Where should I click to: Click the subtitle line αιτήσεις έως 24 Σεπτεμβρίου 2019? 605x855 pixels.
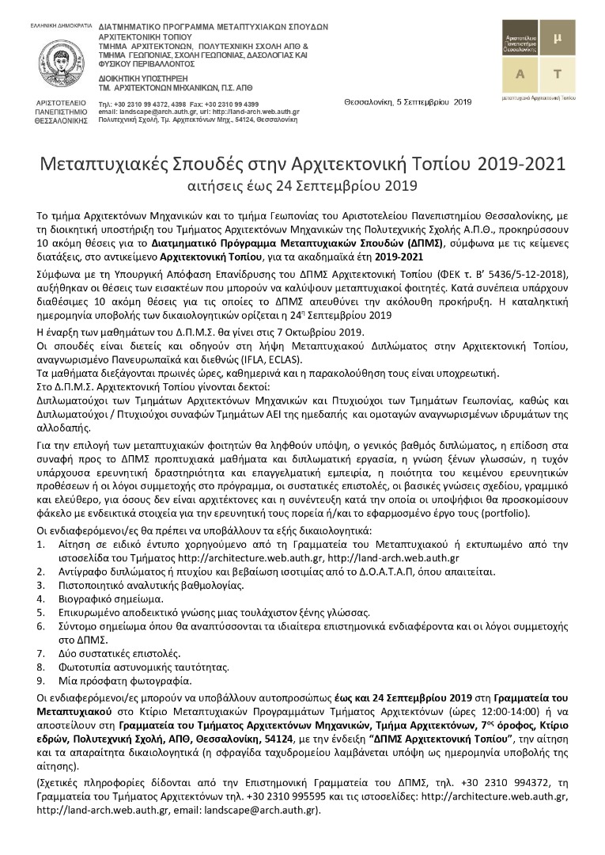tap(302, 187)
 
